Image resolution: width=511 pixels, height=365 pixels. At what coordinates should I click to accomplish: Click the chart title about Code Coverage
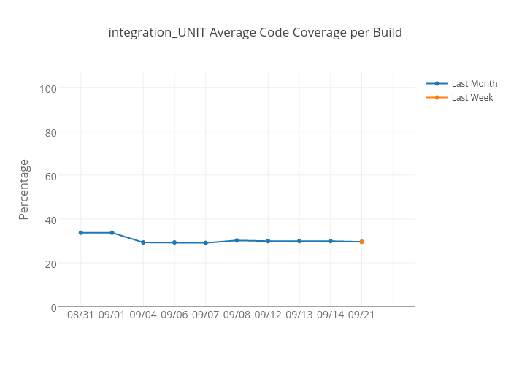255,33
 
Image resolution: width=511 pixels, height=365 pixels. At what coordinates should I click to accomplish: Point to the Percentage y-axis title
24,189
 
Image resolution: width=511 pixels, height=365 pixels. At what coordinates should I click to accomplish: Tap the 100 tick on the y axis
48,88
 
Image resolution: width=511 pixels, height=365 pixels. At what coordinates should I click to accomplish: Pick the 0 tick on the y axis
53,307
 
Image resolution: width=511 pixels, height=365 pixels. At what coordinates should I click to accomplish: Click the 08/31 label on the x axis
80,315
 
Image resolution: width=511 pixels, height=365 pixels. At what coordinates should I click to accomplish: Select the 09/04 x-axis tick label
143,315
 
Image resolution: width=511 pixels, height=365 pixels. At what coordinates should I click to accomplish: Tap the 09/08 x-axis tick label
237,315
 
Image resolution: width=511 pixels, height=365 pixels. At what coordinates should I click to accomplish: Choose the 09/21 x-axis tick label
361,315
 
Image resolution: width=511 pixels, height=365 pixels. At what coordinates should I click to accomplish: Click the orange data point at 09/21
361,242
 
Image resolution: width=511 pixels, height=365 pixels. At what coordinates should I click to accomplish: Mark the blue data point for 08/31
80,233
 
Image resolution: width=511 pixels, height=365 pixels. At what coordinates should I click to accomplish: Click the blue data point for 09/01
112,233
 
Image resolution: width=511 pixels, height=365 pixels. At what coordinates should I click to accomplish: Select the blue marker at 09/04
143,242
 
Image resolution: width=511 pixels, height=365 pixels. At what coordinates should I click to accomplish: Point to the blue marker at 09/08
237,240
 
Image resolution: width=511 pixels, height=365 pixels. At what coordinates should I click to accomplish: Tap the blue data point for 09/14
330,241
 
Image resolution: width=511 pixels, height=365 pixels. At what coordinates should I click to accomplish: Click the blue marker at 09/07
205,243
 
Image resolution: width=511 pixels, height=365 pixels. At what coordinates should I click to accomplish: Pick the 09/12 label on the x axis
268,315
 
